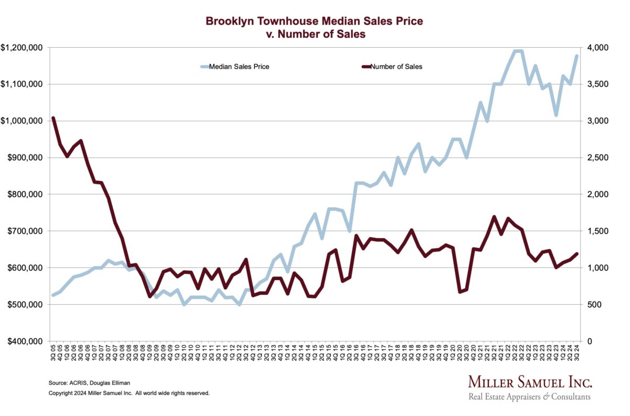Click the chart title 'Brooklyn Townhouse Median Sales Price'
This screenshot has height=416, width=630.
(314, 22)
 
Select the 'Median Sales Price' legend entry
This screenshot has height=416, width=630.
(239, 67)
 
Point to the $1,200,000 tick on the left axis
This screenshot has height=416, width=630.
(23, 48)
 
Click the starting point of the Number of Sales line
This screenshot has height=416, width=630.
(53, 118)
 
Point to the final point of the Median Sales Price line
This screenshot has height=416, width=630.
(577, 56)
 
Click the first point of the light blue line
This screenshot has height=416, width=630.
(53, 295)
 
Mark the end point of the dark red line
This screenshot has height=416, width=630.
(577, 254)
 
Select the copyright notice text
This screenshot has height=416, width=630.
(129, 393)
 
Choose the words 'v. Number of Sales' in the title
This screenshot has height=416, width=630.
(314, 34)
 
